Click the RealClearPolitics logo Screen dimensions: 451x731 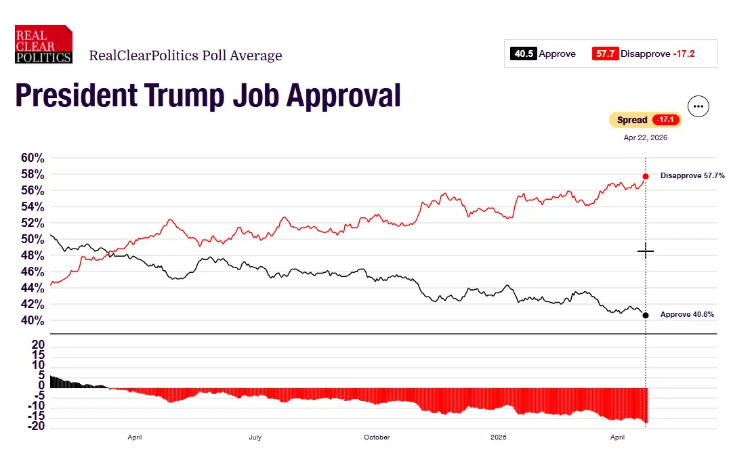coord(43,45)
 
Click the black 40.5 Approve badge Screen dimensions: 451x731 coord(524,54)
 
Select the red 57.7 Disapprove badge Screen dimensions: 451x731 coord(605,54)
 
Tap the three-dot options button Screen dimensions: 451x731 coord(698,106)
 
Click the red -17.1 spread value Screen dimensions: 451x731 coord(665,120)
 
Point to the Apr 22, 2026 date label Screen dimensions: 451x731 coord(645,137)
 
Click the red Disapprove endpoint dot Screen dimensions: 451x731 coord(646,176)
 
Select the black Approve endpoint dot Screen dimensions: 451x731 coord(646,315)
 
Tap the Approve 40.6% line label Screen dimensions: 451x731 coord(687,314)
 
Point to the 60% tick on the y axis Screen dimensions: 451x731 coord(33,158)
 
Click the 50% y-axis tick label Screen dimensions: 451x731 coord(33,239)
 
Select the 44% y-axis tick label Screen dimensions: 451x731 coord(33,288)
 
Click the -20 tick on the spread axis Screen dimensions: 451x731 coord(37,426)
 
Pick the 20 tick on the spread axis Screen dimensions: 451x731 coord(39,345)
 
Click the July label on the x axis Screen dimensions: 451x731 coord(255,437)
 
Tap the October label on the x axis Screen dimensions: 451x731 coord(377,437)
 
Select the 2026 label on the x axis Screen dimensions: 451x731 coord(498,437)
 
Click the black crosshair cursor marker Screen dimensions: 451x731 coord(646,251)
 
